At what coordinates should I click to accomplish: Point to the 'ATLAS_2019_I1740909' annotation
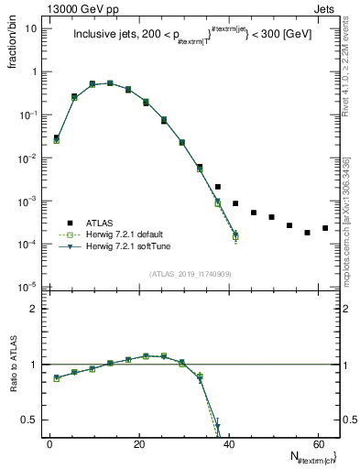click(x=189, y=274)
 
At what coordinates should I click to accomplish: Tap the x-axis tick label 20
click(x=138, y=442)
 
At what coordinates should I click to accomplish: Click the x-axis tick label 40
click(x=228, y=442)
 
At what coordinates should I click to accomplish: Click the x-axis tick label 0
click(x=49, y=442)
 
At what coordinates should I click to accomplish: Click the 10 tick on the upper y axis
click(x=31, y=28)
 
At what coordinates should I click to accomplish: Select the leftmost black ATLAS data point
click(x=56, y=137)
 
